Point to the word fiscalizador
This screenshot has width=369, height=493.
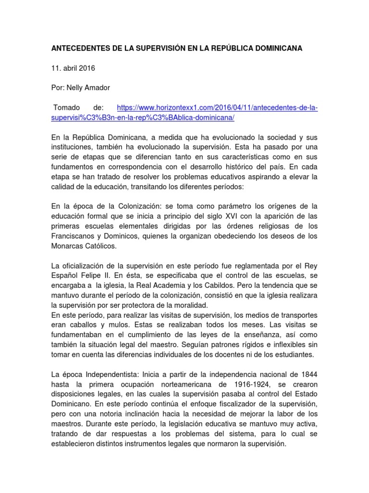point(225,405)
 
